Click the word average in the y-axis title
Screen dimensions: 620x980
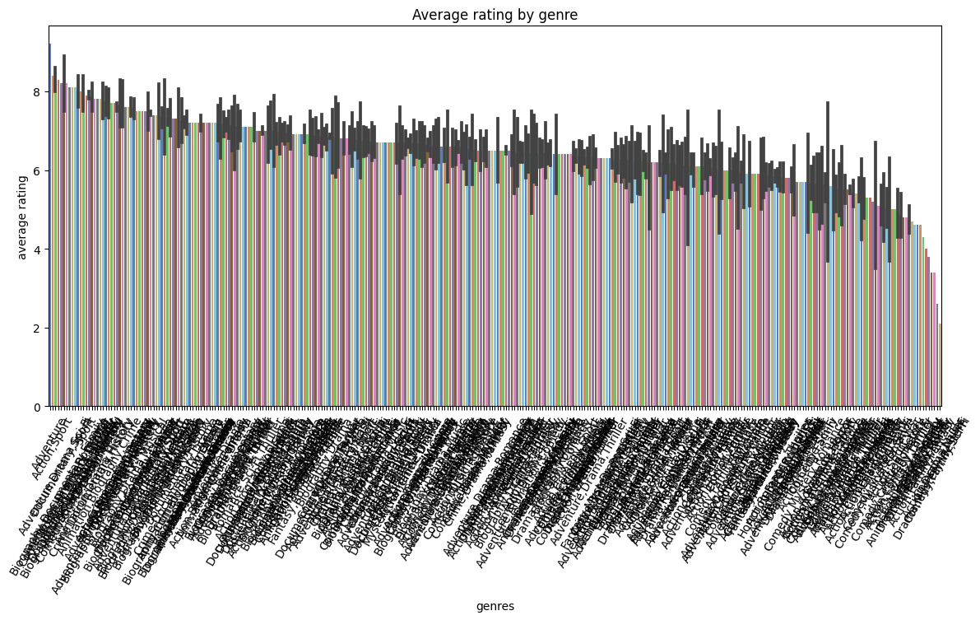23,235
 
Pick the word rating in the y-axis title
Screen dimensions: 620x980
23,190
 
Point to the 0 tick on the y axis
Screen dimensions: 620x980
37,407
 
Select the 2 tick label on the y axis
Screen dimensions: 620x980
37,329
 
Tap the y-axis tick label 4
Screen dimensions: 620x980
37,249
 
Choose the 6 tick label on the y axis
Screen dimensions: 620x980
37,170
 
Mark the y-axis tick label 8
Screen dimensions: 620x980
37,92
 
